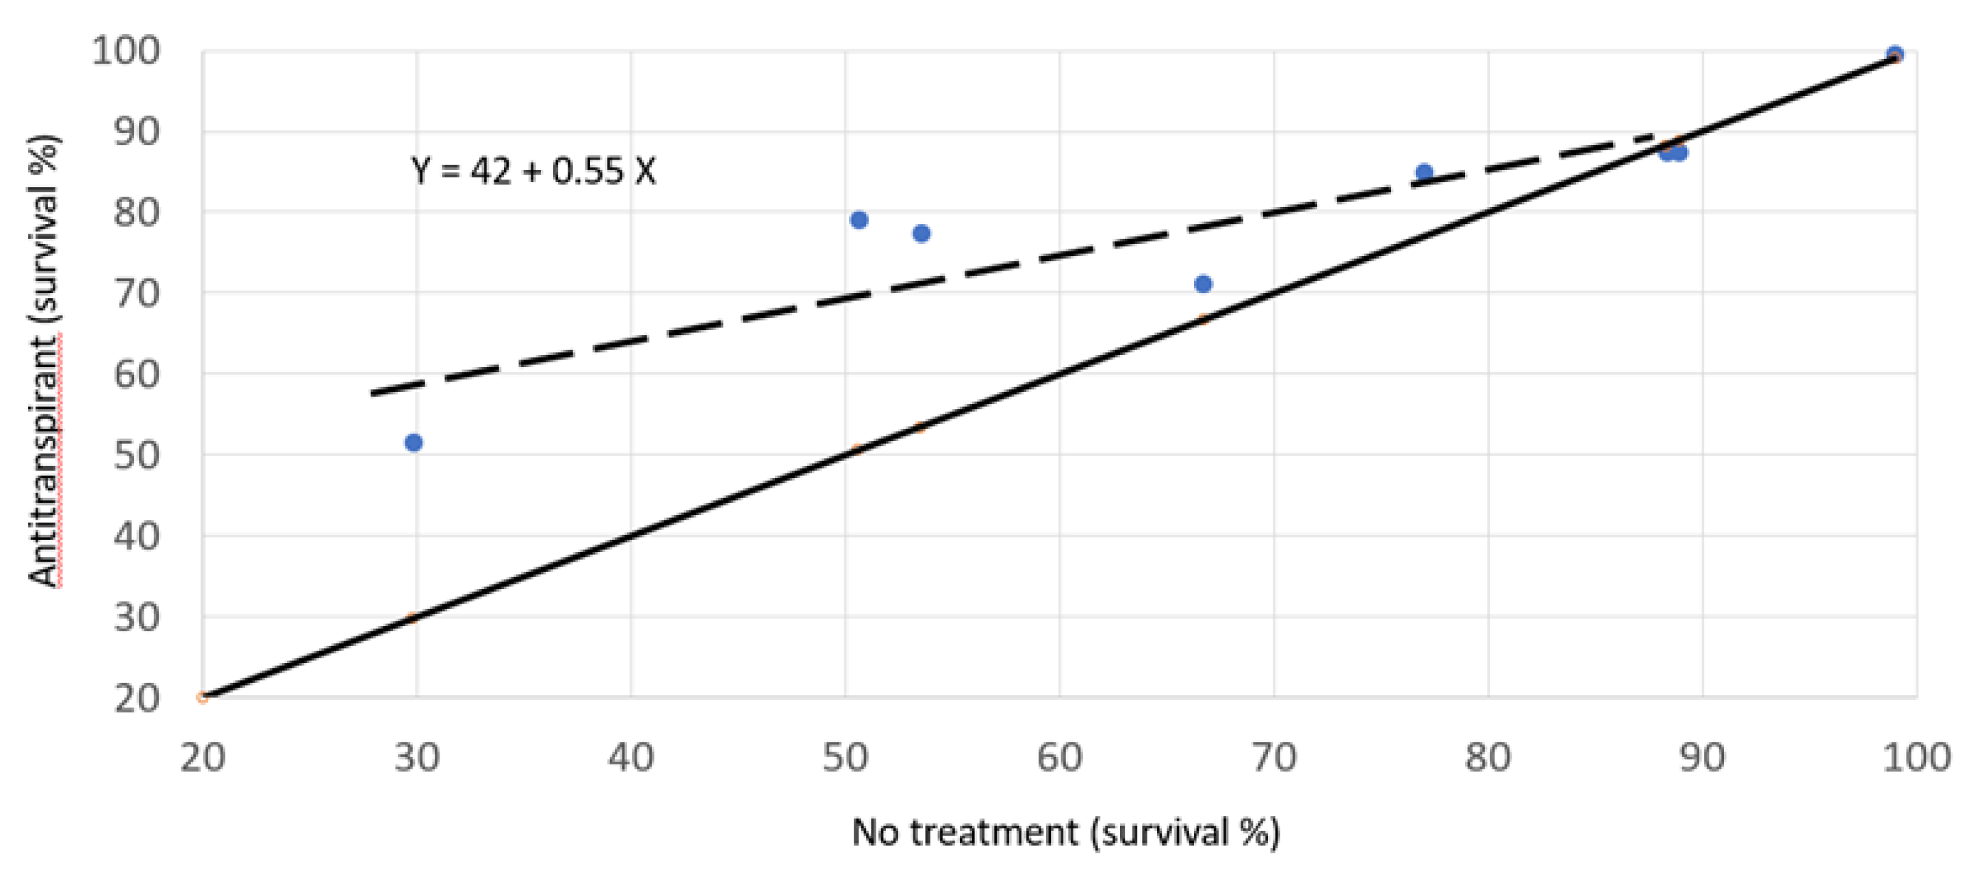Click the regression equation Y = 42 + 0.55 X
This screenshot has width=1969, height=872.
point(533,171)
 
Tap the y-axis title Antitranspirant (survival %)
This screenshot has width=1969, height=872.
point(45,361)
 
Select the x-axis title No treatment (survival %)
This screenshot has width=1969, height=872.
point(1065,832)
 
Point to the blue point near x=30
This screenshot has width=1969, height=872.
point(414,443)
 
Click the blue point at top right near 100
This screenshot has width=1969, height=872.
point(1895,55)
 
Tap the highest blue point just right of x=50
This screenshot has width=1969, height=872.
point(859,221)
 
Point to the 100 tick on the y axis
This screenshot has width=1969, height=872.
point(126,51)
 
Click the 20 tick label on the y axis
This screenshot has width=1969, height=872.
point(138,699)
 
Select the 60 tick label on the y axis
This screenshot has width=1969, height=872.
point(138,375)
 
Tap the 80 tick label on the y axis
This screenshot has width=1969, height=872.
point(138,212)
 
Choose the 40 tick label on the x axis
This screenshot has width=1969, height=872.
point(631,758)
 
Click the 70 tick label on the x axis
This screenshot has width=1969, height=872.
point(1274,758)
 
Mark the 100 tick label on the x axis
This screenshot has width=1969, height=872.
point(1916,758)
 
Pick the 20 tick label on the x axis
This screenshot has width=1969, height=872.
point(203,758)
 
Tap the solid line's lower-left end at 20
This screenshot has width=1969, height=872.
point(203,697)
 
